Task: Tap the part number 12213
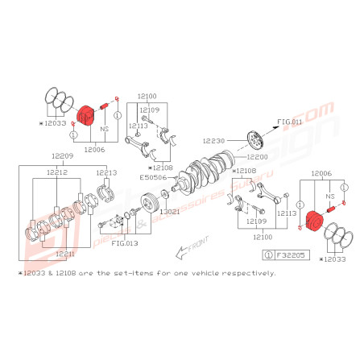click(106, 172)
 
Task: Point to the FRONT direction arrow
click(191, 249)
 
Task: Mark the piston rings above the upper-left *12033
click(56, 101)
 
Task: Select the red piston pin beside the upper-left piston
click(104, 107)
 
